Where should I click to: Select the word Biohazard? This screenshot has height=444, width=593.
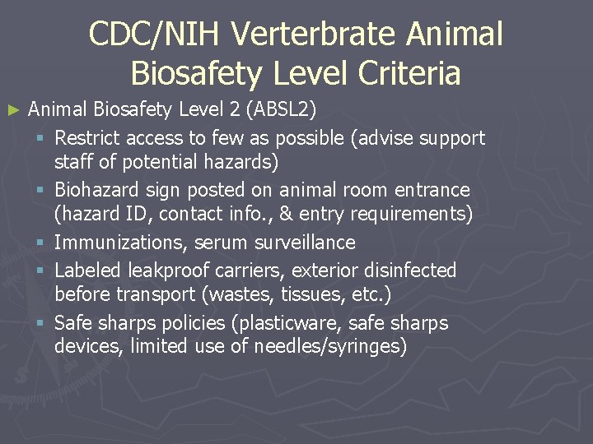[x=97, y=190]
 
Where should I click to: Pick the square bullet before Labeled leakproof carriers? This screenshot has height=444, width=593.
[x=41, y=270]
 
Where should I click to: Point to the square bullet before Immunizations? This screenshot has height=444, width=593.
[x=41, y=243]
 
